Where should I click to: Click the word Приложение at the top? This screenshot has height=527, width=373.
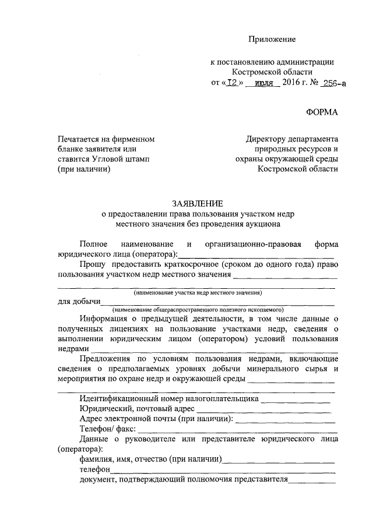(272, 39)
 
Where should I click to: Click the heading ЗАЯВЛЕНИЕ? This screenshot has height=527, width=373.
(197, 203)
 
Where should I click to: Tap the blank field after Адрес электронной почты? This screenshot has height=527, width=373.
(286, 420)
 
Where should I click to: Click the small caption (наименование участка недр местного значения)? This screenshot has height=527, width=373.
(197, 293)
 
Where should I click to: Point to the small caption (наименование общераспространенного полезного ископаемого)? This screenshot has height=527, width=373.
(198, 310)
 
